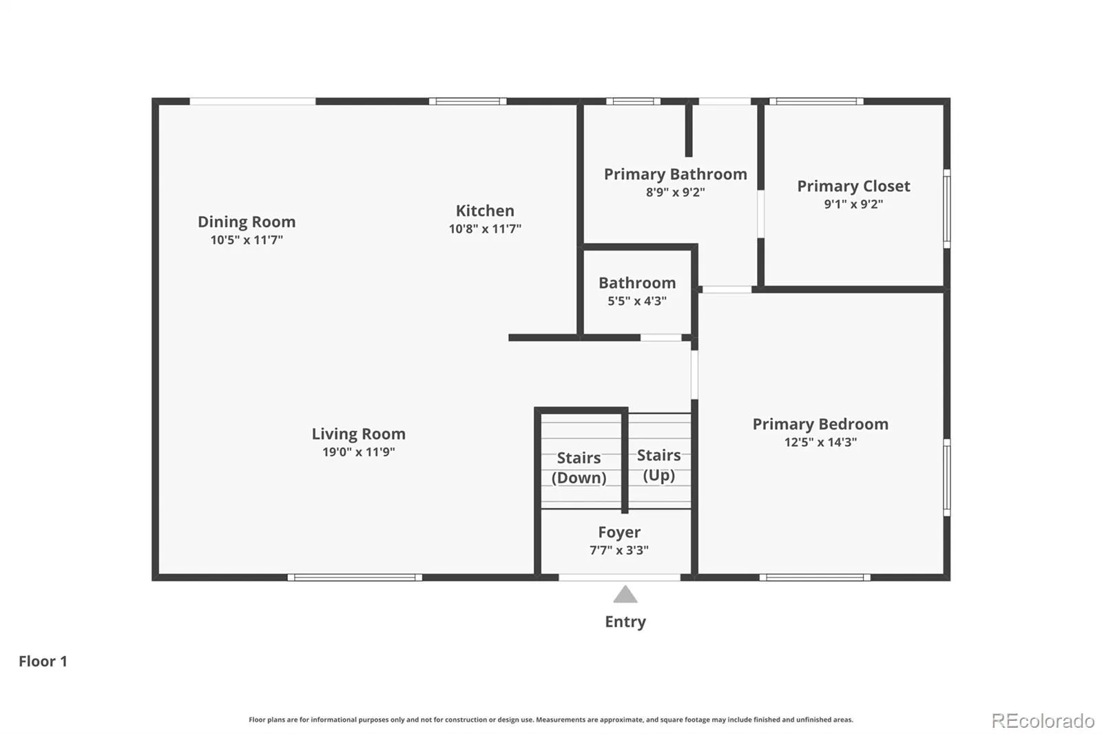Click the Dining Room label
point(247,222)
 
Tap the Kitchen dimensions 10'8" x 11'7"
point(485,229)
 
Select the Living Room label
point(359,434)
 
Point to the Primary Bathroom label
point(676,174)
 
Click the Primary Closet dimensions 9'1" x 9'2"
point(853,205)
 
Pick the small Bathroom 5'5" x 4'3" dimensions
point(637,301)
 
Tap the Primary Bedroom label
point(820,424)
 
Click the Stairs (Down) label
point(579,468)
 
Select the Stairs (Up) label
point(658,465)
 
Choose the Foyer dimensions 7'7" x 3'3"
point(619,550)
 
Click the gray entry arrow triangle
point(625,594)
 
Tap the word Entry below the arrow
point(625,622)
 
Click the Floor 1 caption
point(43,661)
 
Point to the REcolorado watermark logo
point(1043,721)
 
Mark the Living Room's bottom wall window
point(355,578)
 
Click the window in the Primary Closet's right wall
point(946,209)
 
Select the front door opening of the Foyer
point(619,578)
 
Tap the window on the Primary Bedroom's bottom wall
point(815,578)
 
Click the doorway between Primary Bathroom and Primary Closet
point(760,214)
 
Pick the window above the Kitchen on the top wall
point(468,101)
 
